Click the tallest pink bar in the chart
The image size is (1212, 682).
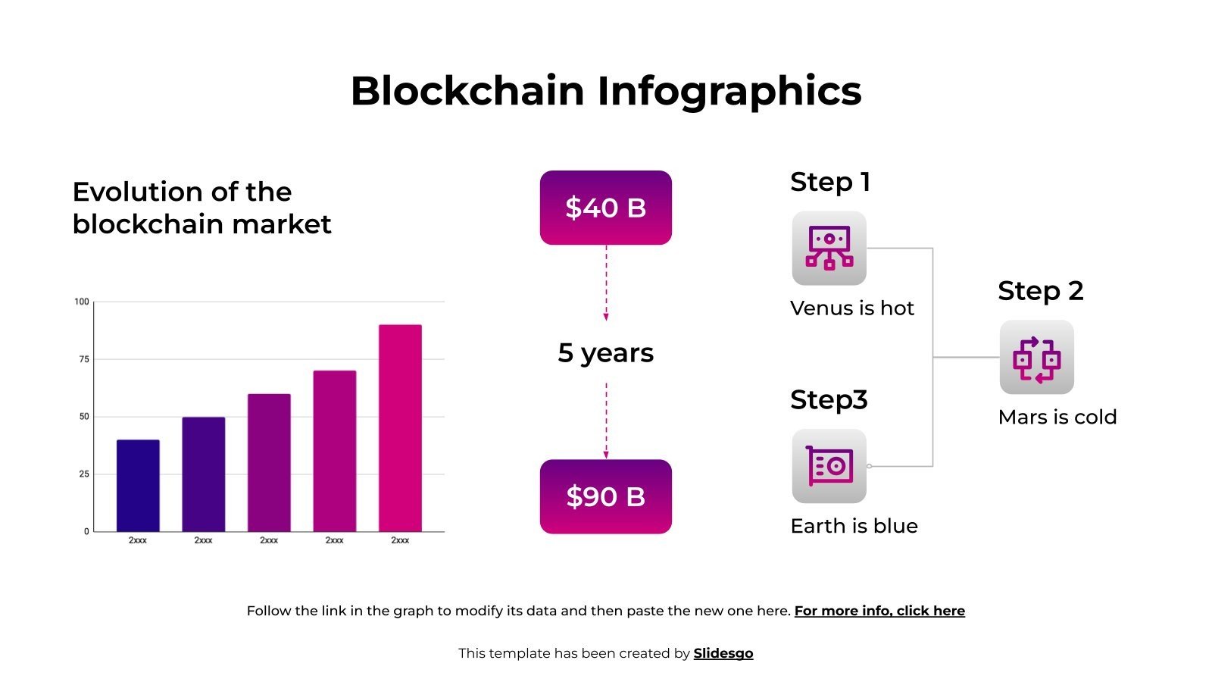(x=400, y=428)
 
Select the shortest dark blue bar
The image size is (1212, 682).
(x=138, y=486)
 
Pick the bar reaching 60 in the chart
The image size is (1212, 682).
(x=269, y=462)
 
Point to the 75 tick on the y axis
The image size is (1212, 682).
(x=83, y=359)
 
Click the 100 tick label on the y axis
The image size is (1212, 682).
(x=82, y=302)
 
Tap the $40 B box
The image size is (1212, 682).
(x=605, y=208)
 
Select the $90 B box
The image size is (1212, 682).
(x=605, y=496)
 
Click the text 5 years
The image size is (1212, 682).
(x=605, y=353)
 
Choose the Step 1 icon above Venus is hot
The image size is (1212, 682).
(x=829, y=248)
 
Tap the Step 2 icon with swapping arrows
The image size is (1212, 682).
(x=1036, y=357)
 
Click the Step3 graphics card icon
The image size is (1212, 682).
(x=829, y=466)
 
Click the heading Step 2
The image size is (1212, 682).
(x=1040, y=291)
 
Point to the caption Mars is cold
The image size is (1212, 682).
(x=1057, y=417)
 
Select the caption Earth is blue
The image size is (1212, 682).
(x=854, y=526)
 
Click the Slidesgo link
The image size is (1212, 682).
(x=723, y=653)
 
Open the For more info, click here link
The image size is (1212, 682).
(x=879, y=611)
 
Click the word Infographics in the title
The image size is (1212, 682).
(x=729, y=91)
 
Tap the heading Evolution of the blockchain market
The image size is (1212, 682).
(x=201, y=208)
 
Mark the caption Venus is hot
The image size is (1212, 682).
(x=851, y=308)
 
